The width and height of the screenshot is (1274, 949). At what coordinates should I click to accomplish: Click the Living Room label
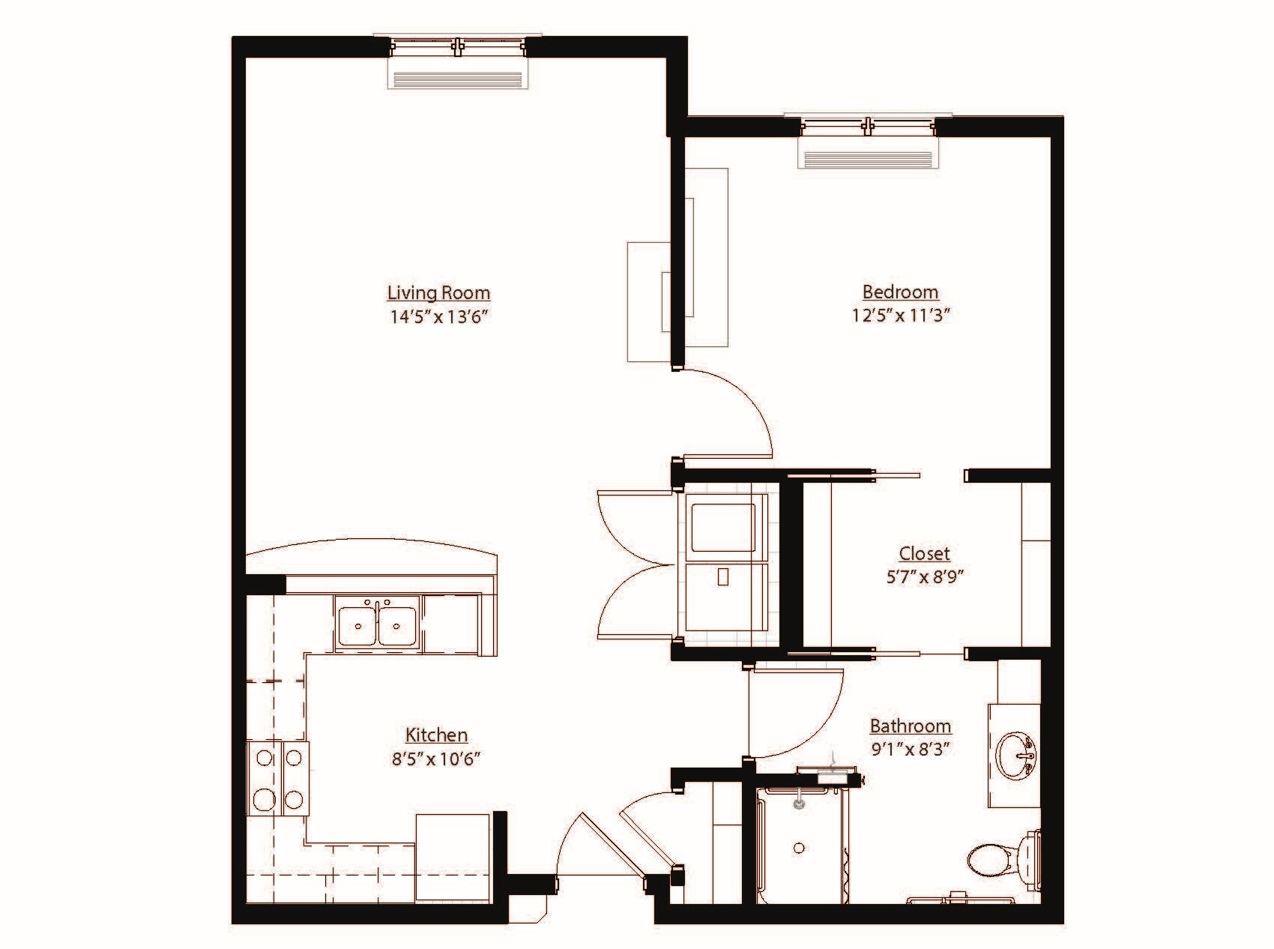pos(438,292)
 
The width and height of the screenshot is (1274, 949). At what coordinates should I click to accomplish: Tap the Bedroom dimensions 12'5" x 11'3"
pos(900,316)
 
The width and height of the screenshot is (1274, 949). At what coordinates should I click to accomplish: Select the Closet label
pos(924,553)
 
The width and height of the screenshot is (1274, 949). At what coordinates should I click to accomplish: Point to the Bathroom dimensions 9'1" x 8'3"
pos(910,748)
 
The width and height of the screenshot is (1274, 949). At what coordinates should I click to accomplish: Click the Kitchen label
pos(436,735)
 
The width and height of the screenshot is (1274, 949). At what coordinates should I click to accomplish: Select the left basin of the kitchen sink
pos(357,623)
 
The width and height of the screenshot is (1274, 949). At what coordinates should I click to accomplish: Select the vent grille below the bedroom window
pos(868,159)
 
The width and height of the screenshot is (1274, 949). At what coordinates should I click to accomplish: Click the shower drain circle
pos(799,848)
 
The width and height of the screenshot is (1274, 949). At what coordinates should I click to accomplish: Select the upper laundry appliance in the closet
pos(722,528)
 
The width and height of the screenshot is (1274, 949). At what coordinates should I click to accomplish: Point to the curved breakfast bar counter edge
pos(372,544)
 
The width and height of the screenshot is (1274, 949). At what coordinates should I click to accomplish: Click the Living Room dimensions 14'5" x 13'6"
pos(438,316)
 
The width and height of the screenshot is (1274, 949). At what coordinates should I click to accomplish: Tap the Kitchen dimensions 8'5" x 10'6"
pos(436,759)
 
